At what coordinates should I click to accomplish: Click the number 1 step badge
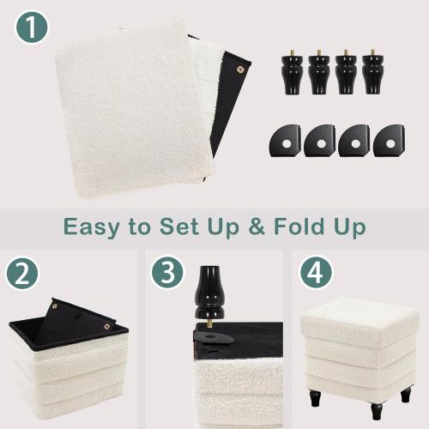32,27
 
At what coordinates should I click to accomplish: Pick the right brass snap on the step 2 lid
106,326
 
